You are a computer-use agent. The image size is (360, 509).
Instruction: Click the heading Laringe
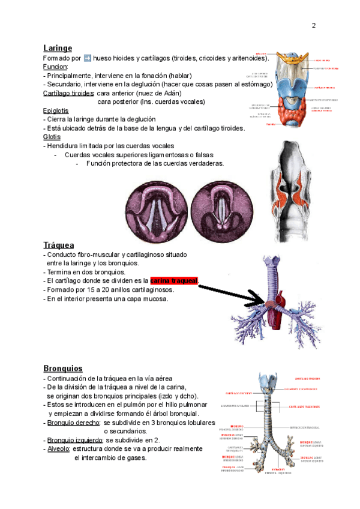click(x=58, y=48)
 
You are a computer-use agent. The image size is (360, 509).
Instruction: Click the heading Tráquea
click(x=59, y=245)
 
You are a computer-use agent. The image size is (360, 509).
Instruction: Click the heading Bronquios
click(x=63, y=368)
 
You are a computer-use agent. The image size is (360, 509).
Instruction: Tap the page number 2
click(x=313, y=26)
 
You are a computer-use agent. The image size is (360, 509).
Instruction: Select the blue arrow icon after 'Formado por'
click(x=88, y=58)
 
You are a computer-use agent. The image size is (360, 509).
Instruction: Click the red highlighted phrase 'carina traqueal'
click(x=173, y=280)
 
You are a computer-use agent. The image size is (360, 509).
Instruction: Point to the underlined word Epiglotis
click(x=56, y=110)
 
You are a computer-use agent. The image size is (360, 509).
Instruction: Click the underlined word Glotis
click(x=52, y=137)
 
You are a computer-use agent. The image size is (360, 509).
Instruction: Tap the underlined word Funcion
click(x=55, y=67)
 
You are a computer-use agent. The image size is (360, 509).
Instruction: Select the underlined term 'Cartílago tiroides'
click(x=68, y=93)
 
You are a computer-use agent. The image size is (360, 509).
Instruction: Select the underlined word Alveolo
click(x=59, y=449)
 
